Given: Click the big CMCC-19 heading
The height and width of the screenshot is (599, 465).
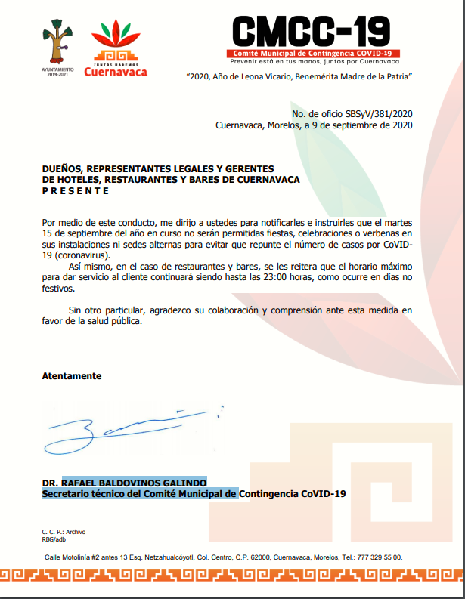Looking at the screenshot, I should pos(311,31).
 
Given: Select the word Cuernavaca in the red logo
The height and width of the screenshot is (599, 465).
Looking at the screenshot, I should pos(116,73).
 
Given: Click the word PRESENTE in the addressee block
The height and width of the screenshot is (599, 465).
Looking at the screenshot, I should pos(76,191).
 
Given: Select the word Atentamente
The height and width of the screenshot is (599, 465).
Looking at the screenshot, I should pos(72,375).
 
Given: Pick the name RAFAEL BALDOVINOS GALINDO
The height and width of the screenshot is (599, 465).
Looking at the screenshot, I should pos(134,483).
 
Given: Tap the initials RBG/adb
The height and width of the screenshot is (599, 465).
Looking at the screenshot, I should pos(54,539).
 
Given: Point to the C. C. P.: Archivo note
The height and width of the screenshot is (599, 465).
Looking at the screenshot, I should pos(64,532).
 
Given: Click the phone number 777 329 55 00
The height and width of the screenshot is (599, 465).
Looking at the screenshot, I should pos(381,557).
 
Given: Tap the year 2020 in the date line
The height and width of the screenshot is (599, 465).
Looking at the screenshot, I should pos(401,125).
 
